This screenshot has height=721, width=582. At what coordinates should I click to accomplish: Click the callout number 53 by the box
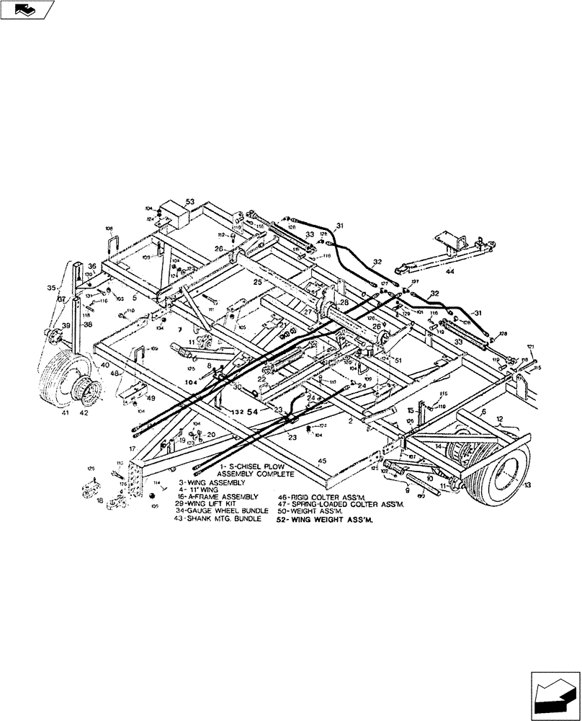coord(190,201)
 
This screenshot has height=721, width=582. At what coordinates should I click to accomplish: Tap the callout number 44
coord(451,273)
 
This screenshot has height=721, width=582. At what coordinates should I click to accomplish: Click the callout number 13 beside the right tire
coord(528,485)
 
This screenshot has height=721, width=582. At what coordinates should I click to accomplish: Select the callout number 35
coord(51,288)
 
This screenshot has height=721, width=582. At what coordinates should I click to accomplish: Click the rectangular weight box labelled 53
coord(173,212)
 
